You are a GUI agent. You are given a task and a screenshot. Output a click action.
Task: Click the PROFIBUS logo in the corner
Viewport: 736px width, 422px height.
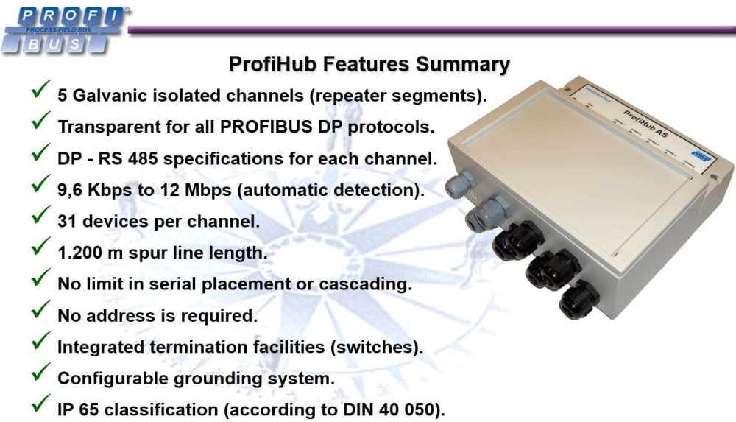[x=64, y=29]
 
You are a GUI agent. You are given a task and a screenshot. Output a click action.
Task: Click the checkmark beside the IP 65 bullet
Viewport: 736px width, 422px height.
[x=40, y=405]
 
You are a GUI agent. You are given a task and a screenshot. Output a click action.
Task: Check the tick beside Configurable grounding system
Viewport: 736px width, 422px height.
[x=40, y=374]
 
